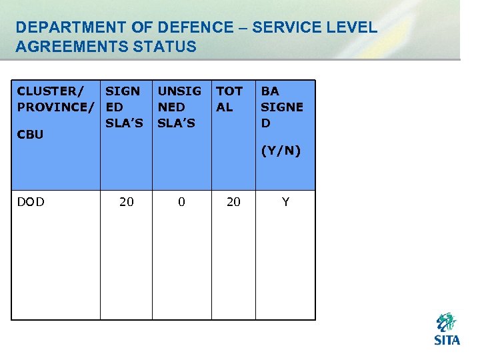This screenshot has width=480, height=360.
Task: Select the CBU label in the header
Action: click(x=30, y=134)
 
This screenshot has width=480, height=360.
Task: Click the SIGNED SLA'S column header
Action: click(x=124, y=107)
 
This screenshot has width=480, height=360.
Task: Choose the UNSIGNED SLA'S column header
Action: click(x=179, y=107)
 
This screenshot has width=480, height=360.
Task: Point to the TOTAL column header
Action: click(x=229, y=99)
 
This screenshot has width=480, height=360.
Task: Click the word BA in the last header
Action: click(x=269, y=91)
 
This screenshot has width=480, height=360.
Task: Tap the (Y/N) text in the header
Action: click(x=281, y=151)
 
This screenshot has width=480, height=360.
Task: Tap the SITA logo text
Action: click(x=447, y=340)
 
